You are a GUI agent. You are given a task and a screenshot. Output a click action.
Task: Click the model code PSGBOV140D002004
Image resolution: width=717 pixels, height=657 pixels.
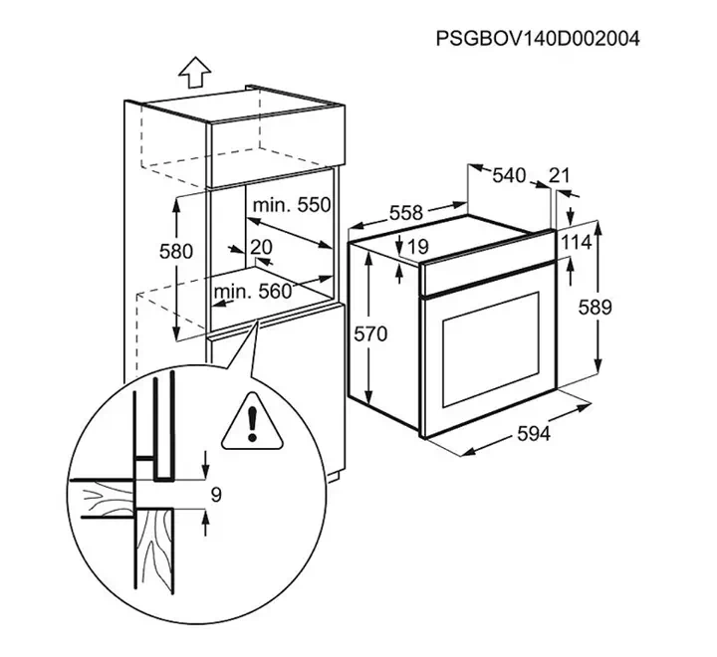[538, 39]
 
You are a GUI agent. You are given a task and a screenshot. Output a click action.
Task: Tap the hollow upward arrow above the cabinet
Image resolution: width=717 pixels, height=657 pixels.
[195, 72]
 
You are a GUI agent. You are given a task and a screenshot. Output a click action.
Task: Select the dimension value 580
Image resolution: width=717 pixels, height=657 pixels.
[176, 252]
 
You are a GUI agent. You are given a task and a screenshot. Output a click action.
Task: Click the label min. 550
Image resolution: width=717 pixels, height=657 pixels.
[292, 205]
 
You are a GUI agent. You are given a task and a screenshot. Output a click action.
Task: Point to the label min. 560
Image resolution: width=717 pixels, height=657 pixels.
[252, 292]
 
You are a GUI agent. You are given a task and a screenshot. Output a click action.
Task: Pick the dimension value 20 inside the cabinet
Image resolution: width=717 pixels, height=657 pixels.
[261, 247]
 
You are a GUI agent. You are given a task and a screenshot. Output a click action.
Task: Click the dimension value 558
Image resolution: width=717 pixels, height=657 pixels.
[406, 213]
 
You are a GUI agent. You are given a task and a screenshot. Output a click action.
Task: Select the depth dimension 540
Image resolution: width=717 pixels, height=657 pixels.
[509, 175]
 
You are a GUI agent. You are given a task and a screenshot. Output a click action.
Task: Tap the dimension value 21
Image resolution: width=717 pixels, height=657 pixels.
[560, 175]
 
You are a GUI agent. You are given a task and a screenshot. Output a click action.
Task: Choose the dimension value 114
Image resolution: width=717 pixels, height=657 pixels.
[577, 242]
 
